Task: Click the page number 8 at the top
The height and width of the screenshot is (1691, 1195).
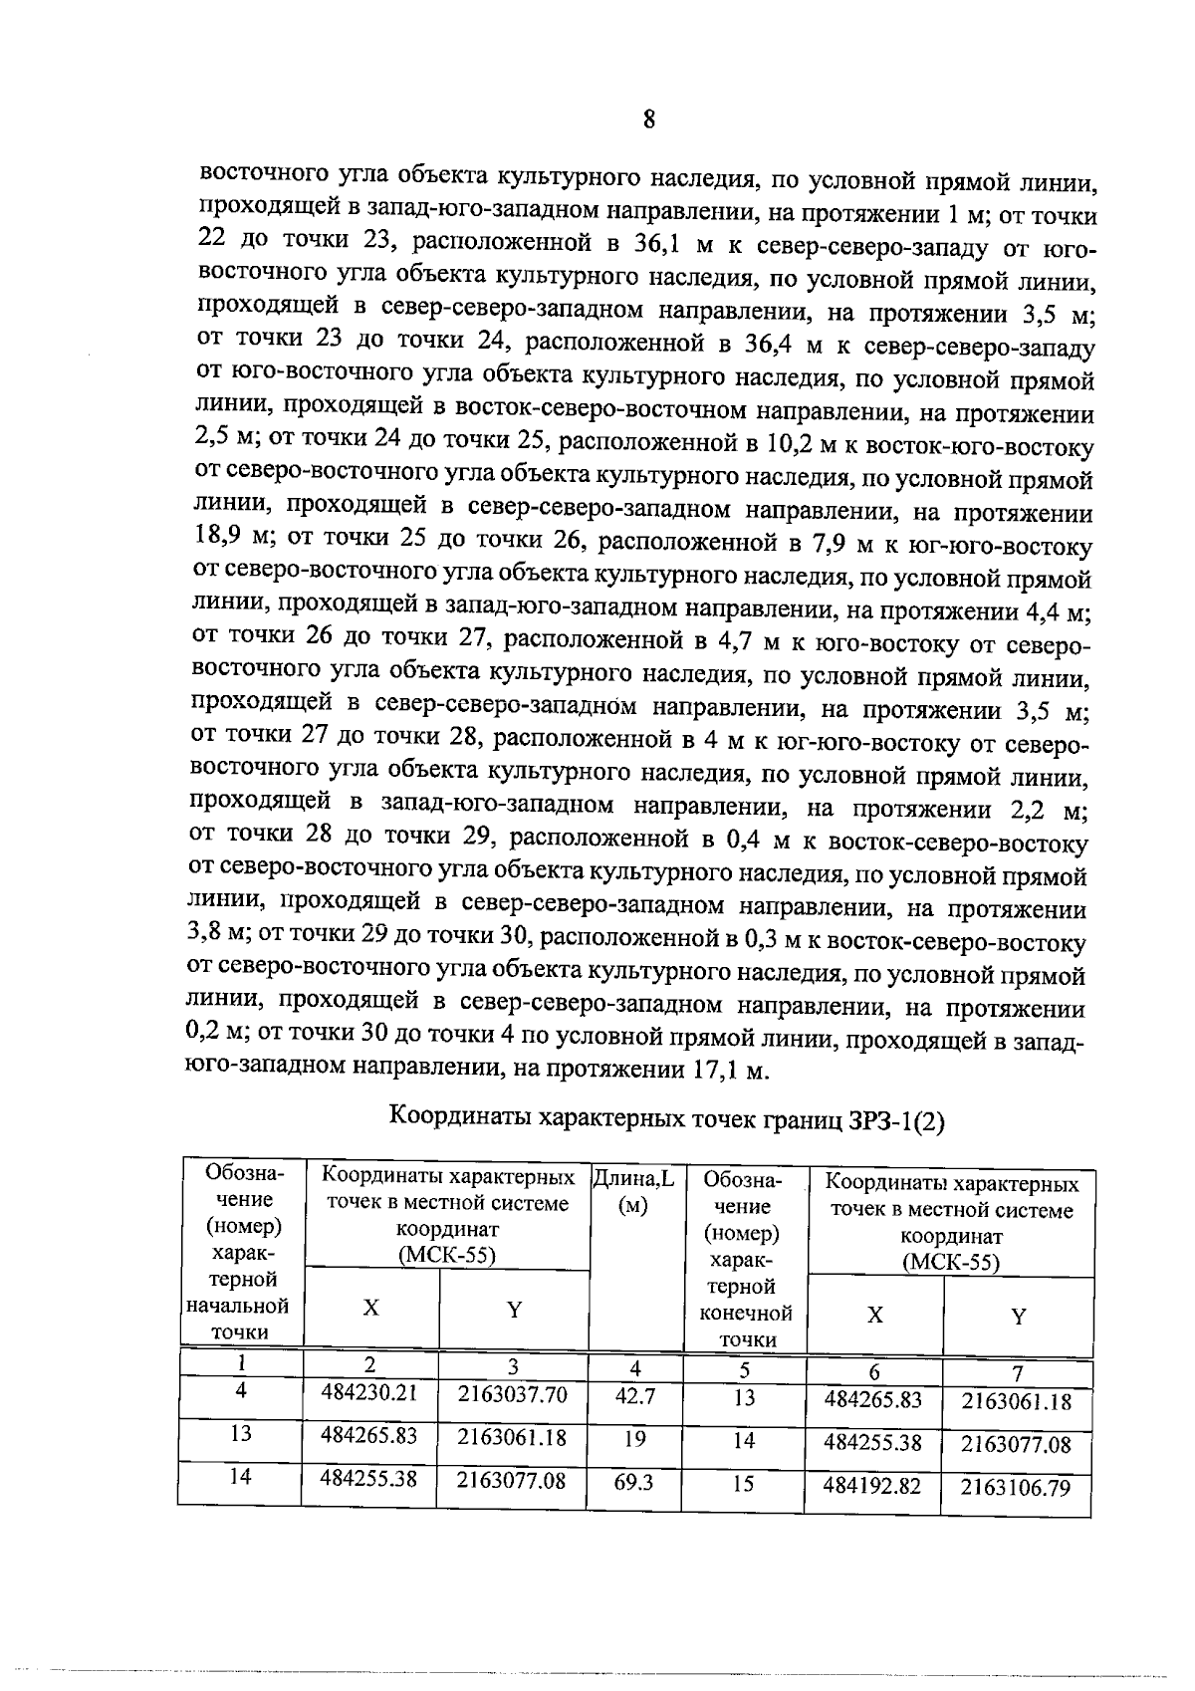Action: (x=648, y=121)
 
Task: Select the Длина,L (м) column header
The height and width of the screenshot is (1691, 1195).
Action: (x=634, y=1192)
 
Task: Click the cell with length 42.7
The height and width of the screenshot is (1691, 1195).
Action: (x=634, y=1396)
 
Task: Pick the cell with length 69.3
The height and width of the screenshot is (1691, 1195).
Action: (x=634, y=1483)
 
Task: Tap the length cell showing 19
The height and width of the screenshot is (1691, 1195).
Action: (x=634, y=1439)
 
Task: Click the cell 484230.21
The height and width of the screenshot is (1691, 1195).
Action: (x=368, y=1393)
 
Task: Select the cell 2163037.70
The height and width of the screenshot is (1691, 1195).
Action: (x=512, y=1394)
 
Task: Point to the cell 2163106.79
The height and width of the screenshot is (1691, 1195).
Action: (x=1016, y=1488)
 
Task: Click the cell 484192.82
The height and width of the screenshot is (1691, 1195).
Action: (x=872, y=1486)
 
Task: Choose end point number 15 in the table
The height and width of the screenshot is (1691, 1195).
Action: (x=744, y=1484)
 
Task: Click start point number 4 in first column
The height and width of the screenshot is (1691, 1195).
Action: (x=240, y=1391)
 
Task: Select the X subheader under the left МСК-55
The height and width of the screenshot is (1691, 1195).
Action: (x=369, y=1309)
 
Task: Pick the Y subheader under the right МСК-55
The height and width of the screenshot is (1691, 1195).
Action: (x=1018, y=1317)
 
